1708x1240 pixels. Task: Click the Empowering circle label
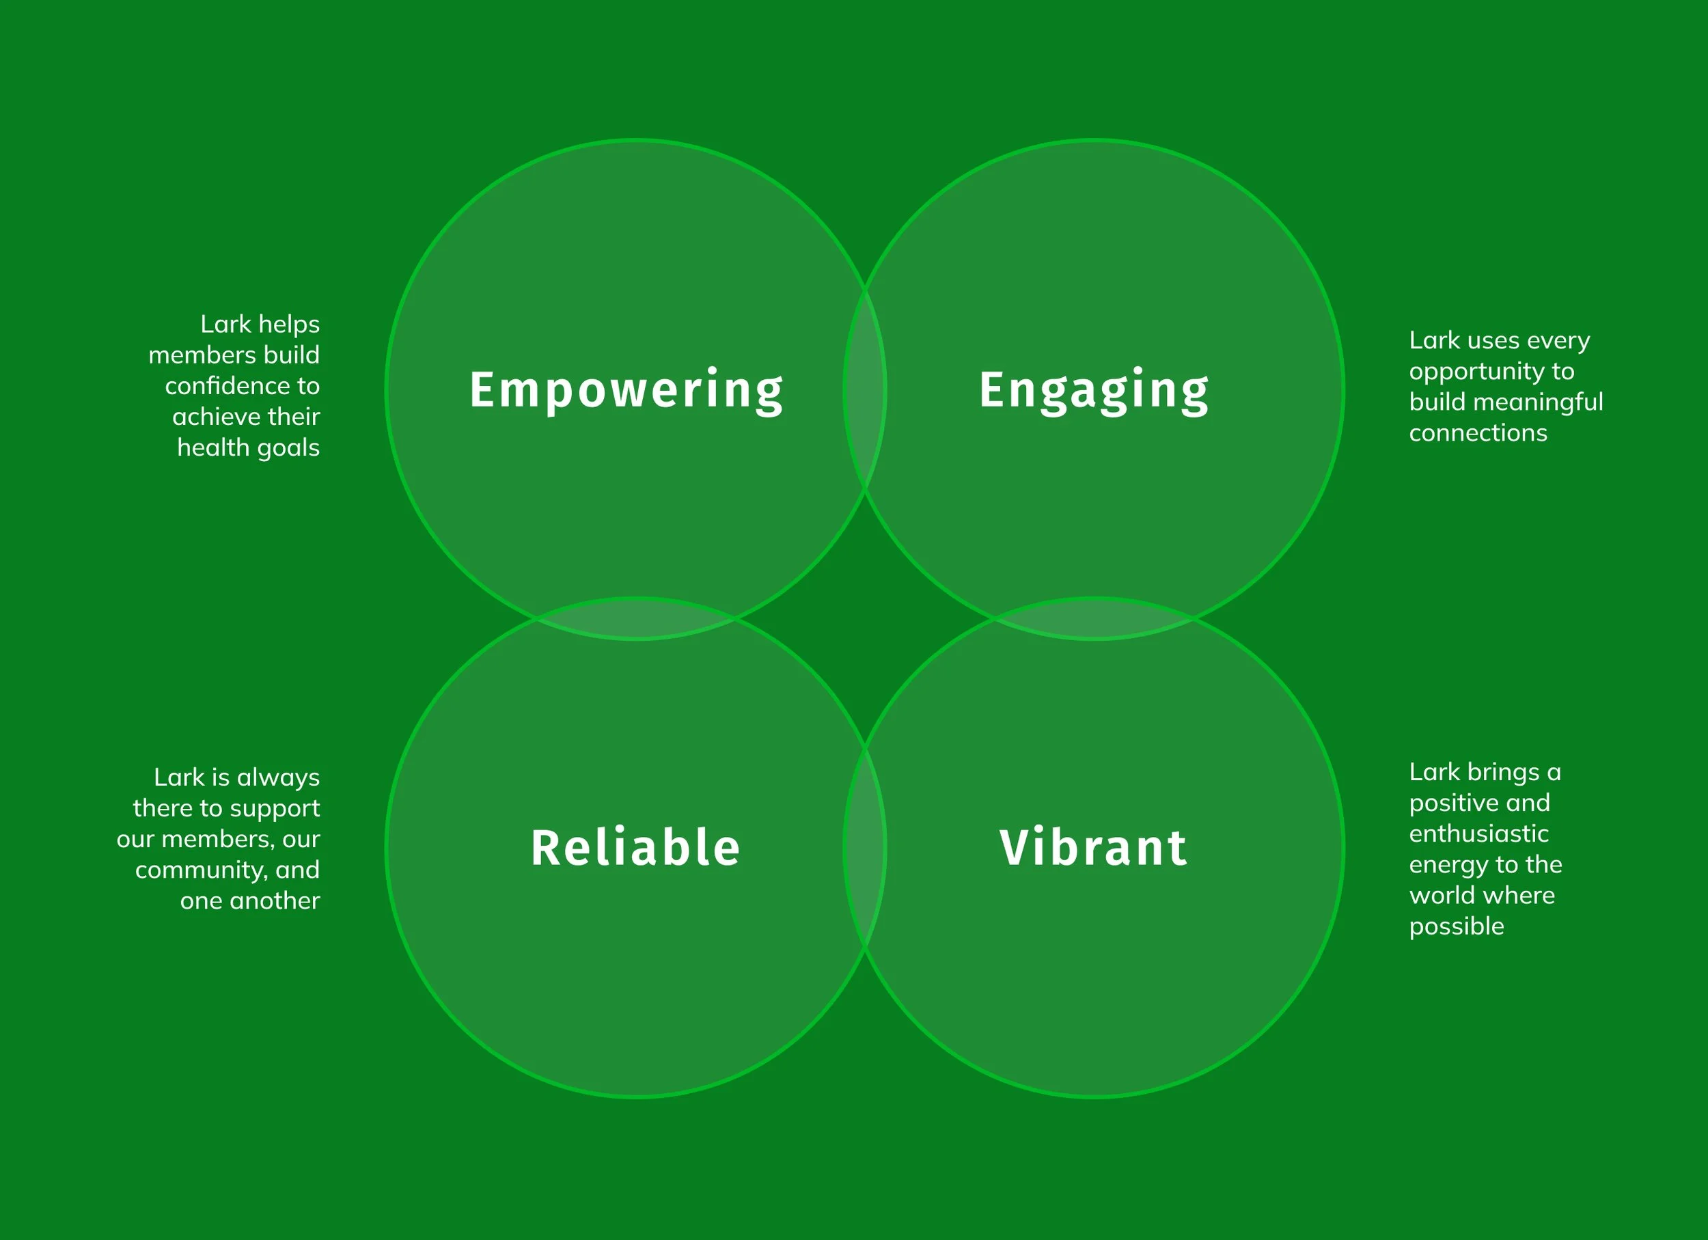[626, 390]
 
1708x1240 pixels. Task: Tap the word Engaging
[1094, 390]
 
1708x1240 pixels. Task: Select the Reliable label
[635, 848]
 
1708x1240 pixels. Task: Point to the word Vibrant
[1094, 848]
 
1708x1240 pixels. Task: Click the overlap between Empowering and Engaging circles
[864, 389]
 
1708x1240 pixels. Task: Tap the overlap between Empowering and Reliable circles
[635, 619]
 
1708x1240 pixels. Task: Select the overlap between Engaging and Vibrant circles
[1094, 619]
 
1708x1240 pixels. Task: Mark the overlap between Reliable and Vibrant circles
[864, 848]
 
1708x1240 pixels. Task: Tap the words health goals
[248, 448]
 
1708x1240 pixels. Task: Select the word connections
[1478, 433]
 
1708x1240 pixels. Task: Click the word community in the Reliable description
[199, 870]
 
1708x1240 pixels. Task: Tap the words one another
[250, 901]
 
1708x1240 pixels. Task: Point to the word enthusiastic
[1478, 834]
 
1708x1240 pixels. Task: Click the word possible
[1457, 927]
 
